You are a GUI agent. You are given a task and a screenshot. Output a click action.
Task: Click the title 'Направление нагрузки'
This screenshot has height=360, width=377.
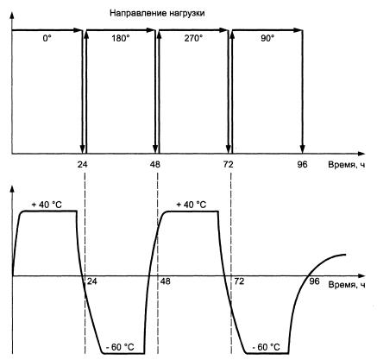(157, 13)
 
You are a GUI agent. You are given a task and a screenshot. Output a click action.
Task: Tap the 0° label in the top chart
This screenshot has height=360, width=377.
(47, 38)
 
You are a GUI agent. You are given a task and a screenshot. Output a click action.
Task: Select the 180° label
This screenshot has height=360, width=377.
(121, 38)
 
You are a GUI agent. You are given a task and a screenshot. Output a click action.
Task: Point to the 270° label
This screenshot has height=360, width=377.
(193, 38)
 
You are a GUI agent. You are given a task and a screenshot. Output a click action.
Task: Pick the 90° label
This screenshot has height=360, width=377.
(267, 38)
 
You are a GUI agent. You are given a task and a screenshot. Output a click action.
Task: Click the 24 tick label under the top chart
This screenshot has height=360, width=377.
(82, 164)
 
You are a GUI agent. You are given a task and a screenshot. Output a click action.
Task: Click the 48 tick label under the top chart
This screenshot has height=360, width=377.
(155, 164)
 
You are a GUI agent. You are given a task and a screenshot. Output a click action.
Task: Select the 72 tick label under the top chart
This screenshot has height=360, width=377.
(228, 164)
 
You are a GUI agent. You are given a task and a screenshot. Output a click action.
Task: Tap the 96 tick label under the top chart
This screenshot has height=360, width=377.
(302, 164)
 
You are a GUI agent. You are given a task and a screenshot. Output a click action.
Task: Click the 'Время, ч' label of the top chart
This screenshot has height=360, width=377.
(347, 165)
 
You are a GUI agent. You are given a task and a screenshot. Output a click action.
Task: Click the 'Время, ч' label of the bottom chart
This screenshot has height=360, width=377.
(347, 285)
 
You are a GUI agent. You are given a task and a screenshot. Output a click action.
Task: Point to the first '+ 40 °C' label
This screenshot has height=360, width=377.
(47, 205)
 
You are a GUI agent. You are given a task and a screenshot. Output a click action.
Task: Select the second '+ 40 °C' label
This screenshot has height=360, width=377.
(192, 205)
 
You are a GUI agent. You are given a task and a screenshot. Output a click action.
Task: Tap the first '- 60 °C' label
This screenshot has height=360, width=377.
(120, 347)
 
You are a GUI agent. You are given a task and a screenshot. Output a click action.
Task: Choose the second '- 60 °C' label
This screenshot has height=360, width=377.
(266, 347)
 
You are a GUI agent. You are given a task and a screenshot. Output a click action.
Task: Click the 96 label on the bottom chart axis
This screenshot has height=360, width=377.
(314, 281)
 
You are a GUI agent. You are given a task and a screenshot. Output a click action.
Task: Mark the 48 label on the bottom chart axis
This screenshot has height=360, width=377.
(165, 281)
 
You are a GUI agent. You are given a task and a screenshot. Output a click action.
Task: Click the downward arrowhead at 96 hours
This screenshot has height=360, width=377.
(302, 148)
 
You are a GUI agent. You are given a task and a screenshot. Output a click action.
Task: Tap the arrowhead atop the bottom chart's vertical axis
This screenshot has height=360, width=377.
(12, 189)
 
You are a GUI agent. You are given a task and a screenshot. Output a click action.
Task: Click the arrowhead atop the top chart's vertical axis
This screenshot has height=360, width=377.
(12, 16)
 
